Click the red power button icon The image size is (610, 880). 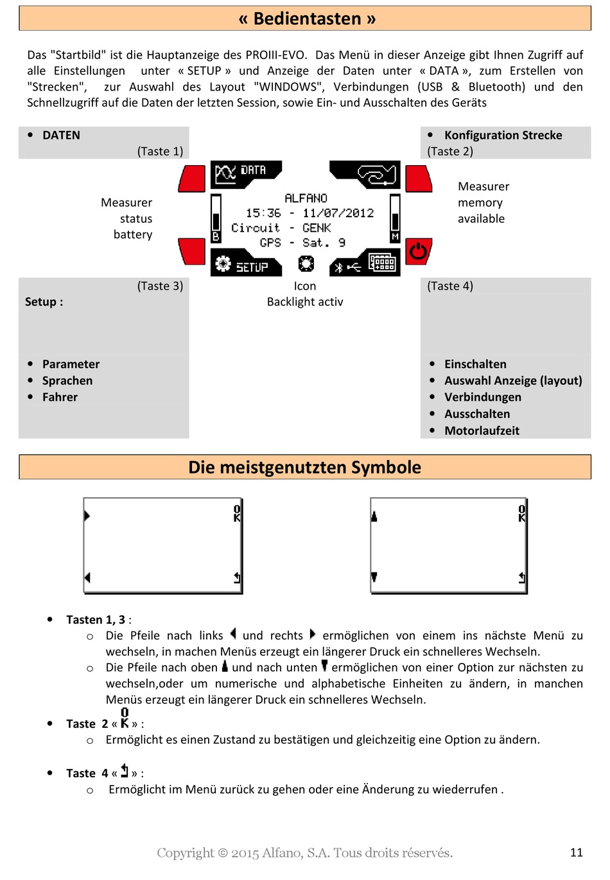click(x=419, y=251)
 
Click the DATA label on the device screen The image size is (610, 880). click(x=253, y=170)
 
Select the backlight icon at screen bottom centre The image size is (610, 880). click(x=306, y=263)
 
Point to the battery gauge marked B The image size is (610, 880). click(x=216, y=219)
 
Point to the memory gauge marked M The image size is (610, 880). click(x=395, y=219)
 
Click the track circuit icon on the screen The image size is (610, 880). click(x=378, y=174)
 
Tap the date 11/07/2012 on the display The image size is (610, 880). click(x=338, y=213)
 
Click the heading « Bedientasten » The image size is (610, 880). click(x=306, y=19)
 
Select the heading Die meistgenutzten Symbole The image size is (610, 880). click(x=304, y=467)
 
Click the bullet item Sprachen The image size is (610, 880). click(x=67, y=381)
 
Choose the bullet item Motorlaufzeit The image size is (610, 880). click(x=482, y=431)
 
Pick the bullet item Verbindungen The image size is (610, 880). click(x=482, y=398)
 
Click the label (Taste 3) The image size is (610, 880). click(x=160, y=286)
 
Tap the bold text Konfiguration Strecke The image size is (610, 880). click(x=503, y=136)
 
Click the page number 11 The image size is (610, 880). click(x=576, y=852)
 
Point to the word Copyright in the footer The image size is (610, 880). click(x=185, y=853)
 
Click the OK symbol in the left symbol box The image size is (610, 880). click(x=237, y=513)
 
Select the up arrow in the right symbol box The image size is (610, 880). click(x=374, y=516)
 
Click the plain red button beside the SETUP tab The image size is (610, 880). click(x=192, y=251)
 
